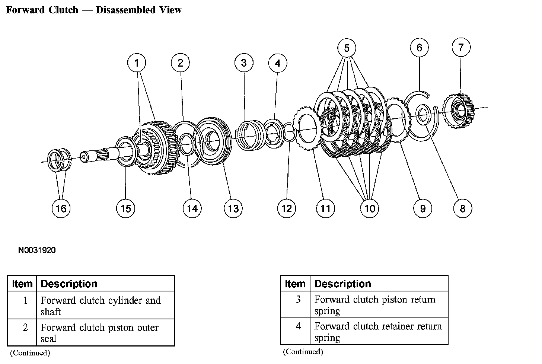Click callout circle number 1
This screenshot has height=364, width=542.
tap(137, 63)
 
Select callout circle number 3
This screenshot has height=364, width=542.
tap(244, 63)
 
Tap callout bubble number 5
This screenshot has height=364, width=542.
tap(347, 48)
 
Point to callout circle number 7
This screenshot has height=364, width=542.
tap(461, 47)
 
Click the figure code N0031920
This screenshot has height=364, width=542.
tap(37, 250)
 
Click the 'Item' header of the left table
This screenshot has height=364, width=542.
tap(22, 284)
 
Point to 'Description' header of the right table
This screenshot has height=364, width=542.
tap(342, 284)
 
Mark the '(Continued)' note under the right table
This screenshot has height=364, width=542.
tap(303, 351)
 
